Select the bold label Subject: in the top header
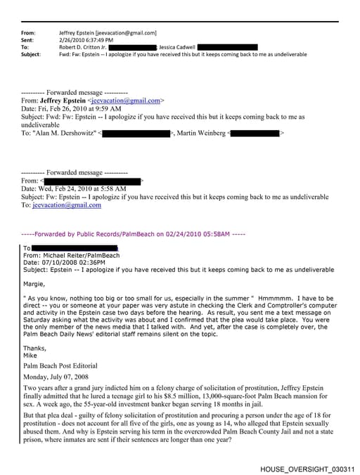[32, 53]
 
